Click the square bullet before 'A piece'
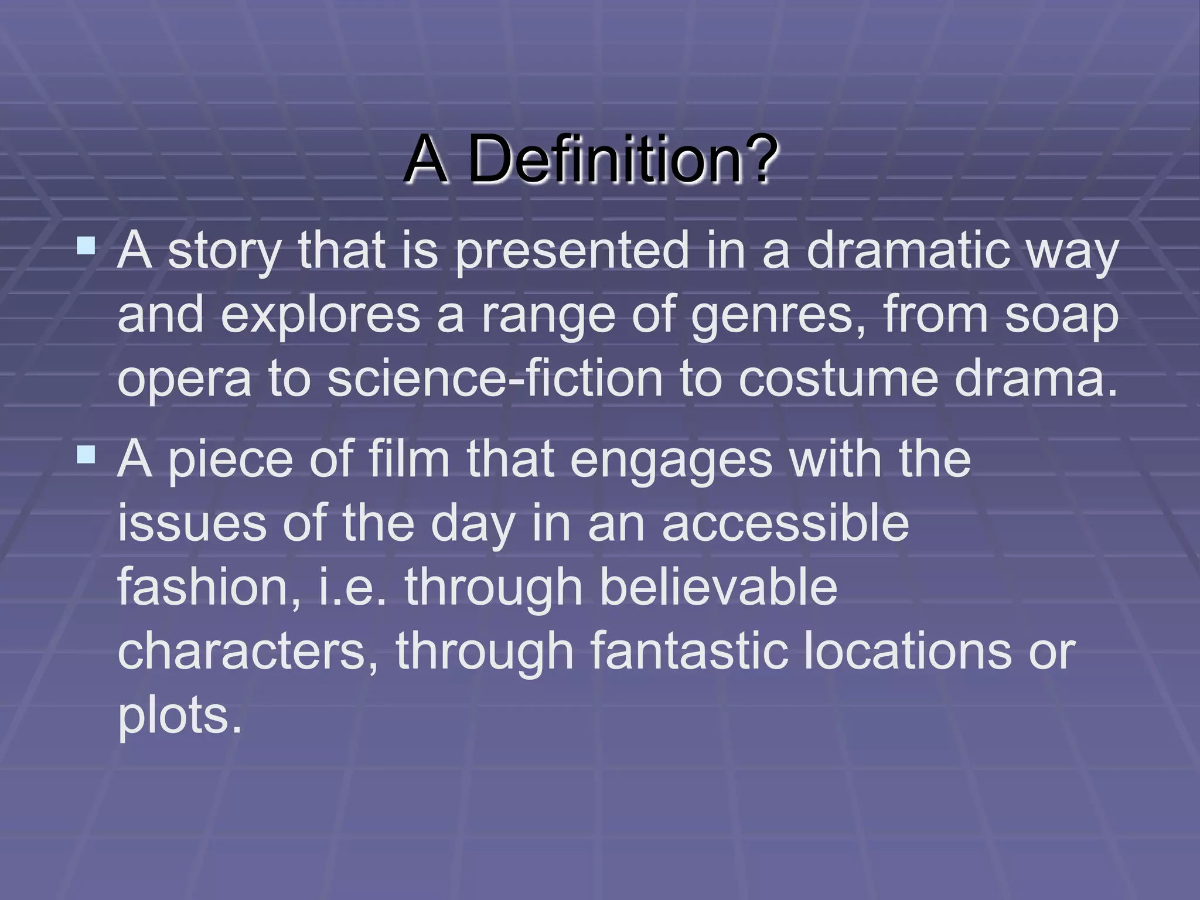point(86,454)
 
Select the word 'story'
point(225,252)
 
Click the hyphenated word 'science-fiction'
point(495,378)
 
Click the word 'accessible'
point(785,523)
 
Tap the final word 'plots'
point(179,716)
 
